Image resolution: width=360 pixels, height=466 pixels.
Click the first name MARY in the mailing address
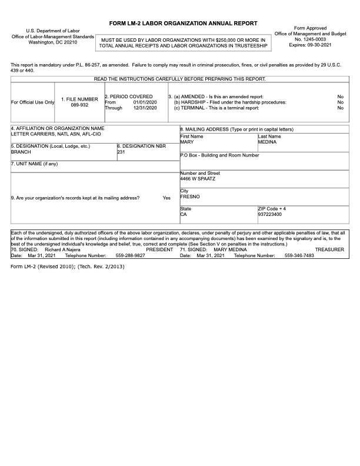[x=187, y=142]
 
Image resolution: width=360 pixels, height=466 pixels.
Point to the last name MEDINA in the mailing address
[x=268, y=142]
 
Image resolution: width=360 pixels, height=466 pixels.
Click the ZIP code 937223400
[x=270, y=215]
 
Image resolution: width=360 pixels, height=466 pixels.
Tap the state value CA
[x=183, y=215]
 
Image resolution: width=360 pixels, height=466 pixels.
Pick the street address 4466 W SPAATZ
[x=198, y=178]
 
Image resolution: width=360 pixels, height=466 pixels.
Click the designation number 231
[x=121, y=151]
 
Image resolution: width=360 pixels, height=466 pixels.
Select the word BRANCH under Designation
[x=21, y=151]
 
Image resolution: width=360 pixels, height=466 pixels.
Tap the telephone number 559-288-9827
[x=131, y=256]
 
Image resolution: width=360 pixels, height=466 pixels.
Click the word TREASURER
[x=329, y=250]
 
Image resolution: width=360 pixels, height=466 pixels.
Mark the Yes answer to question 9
[x=166, y=198]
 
